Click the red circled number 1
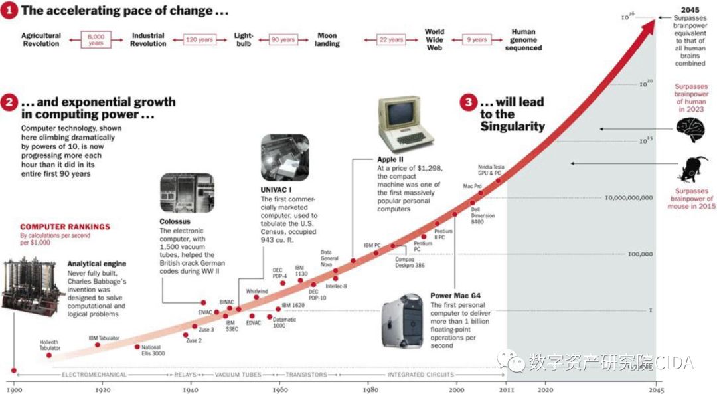[x=10, y=11]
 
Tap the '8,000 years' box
[x=96, y=39]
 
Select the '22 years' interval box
[x=391, y=39]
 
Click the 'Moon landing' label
[x=327, y=39]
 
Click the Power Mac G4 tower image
[x=402, y=322]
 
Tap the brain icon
[x=691, y=127]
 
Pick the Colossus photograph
[x=187, y=193]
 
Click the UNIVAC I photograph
[x=285, y=157]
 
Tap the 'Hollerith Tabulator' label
[x=50, y=345]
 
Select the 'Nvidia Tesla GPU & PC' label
[x=491, y=170]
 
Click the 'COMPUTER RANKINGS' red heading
[x=65, y=227]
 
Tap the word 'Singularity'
[x=513, y=126]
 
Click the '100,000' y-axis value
[x=640, y=254]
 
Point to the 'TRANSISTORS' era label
[x=307, y=375]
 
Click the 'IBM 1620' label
[x=293, y=305]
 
